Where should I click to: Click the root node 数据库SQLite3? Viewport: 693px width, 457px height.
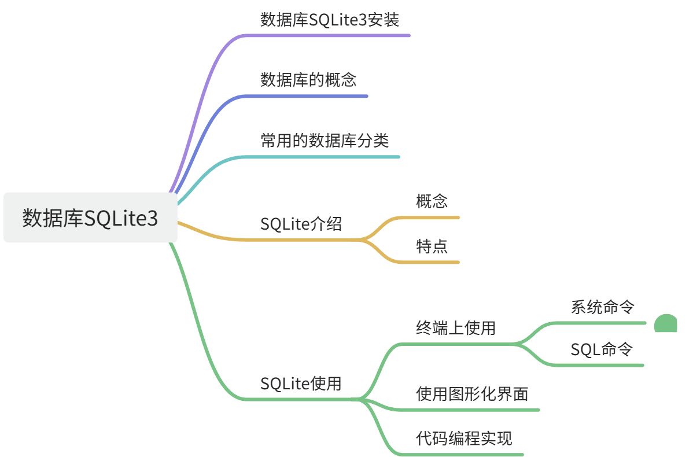coord(90,218)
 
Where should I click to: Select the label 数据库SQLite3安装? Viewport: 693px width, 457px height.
coord(330,20)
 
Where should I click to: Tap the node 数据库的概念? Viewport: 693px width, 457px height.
coord(308,80)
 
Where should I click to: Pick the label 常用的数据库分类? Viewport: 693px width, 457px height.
coord(325,141)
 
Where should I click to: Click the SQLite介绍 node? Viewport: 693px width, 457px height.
coord(301,224)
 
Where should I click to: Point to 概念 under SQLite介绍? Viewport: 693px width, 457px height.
coord(432,201)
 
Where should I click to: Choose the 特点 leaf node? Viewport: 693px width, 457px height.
coord(432,246)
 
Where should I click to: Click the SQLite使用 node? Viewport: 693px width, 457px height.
coord(301,383)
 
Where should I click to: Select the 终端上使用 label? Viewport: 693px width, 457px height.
coord(456,327)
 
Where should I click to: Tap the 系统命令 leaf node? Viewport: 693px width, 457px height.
coord(602,307)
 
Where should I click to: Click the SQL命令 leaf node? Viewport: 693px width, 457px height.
coord(602,349)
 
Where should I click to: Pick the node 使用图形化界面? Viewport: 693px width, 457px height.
coord(472,394)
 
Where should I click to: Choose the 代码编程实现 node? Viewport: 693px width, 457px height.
coord(464,438)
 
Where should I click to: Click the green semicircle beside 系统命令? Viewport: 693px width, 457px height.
coord(665,324)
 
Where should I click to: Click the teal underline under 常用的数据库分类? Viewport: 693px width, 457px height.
coord(325,157)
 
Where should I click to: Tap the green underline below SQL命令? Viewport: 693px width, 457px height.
coord(602,365)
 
